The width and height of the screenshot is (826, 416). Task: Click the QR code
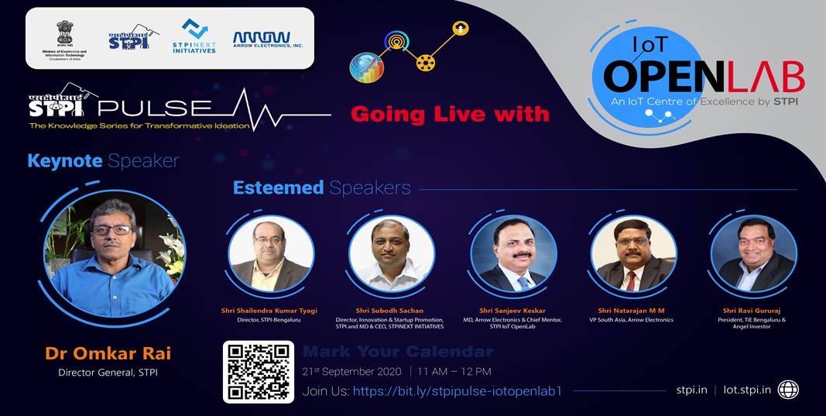pyautogui.click(x=258, y=371)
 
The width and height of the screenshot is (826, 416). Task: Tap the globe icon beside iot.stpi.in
pyautogui.click(x=788, y=390)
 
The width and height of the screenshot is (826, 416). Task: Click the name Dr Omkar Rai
pyautogui.click(x=108, y=354)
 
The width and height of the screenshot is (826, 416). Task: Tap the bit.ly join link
pyautogui.click(x=457, y=391)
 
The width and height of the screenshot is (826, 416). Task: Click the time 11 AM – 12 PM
pyautogui.click(x=454, y=372)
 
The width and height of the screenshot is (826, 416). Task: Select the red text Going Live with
pyautogui.click(x=450, y=114)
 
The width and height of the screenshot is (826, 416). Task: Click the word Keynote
pyautogui.click(x=64, y=161)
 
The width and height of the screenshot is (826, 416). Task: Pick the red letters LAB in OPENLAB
pyautogui.click(x=764, y=77)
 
